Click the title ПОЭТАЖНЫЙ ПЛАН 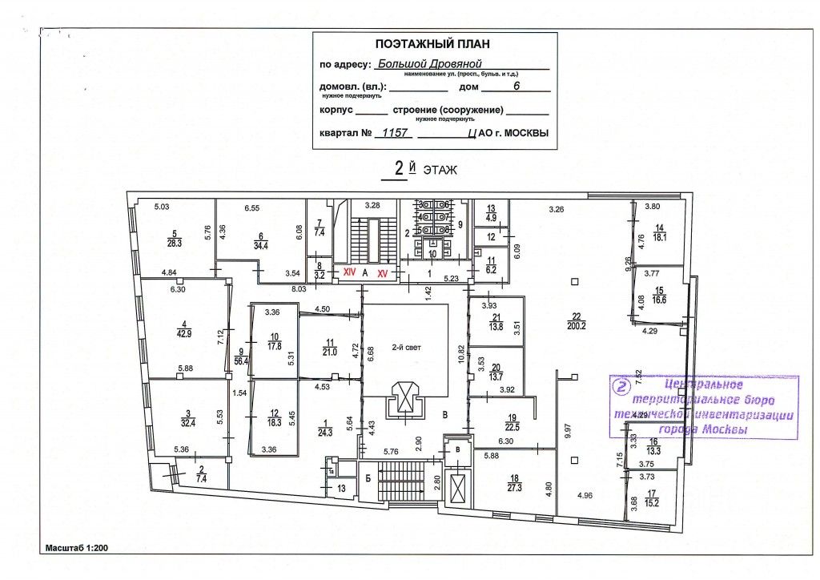click(432, 44)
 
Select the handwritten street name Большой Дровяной click(436, 65)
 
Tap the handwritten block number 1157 click(394, 134)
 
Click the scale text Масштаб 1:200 click(77, 548)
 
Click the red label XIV click(349, 273)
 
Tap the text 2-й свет click(406, 348)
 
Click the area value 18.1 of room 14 click(661, 236)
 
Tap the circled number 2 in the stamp click(619, 386)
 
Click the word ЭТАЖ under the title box click(440, 170)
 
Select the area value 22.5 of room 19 click(512, 426)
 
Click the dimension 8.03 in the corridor click(299, 288)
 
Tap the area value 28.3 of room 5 click(174, 243)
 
